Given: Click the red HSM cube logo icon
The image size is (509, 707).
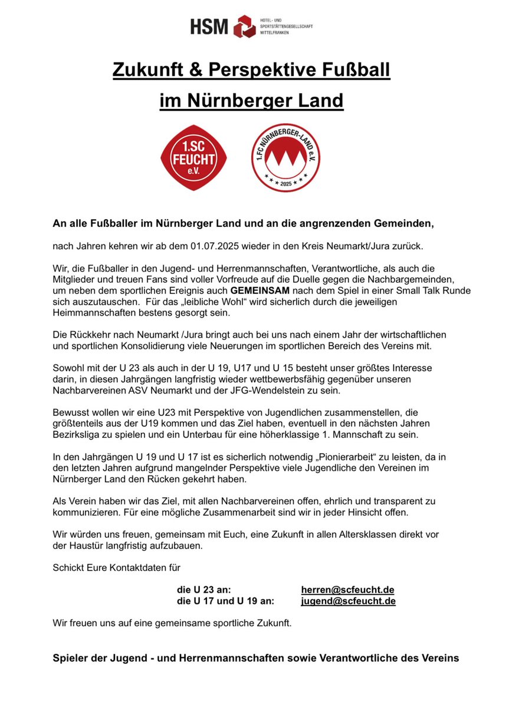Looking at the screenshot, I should (244, 27).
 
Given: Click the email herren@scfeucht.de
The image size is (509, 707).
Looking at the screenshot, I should (347, 590).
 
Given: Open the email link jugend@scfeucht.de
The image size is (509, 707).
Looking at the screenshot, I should (348, 601).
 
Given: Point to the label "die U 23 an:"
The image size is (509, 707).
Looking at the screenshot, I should (204, 590).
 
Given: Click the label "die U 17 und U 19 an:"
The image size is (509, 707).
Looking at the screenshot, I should (225, 601).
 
